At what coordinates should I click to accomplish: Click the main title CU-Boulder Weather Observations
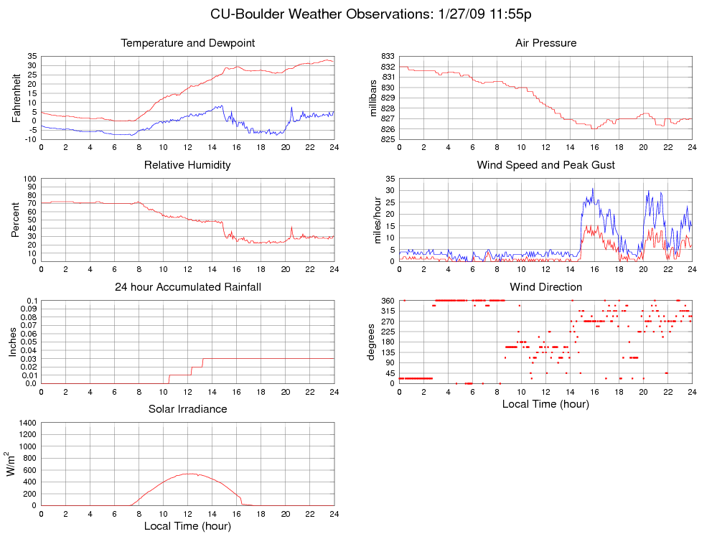(371, 14)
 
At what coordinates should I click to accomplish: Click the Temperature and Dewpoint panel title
(188, 43)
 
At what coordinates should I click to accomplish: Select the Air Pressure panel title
(545, 43)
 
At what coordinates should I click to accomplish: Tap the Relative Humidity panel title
(187, 165)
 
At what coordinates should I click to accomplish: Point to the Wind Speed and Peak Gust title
(545, 165)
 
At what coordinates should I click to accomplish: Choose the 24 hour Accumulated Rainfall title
(188, 287)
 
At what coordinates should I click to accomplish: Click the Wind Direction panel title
(545, 287)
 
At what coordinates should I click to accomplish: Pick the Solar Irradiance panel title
(187, 409)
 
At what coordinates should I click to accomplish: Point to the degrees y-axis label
(372, 342)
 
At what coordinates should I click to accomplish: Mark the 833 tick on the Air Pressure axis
(388, 56)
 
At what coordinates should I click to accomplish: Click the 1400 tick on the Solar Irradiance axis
(27, 423)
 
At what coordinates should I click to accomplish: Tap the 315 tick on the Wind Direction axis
(388, 311)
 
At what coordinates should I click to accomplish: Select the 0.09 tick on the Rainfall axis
(27, 309)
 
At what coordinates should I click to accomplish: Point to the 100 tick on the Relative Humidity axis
(29, 179)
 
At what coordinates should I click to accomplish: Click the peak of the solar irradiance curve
(188, 474)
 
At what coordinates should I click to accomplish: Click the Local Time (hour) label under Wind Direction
(545, 404)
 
